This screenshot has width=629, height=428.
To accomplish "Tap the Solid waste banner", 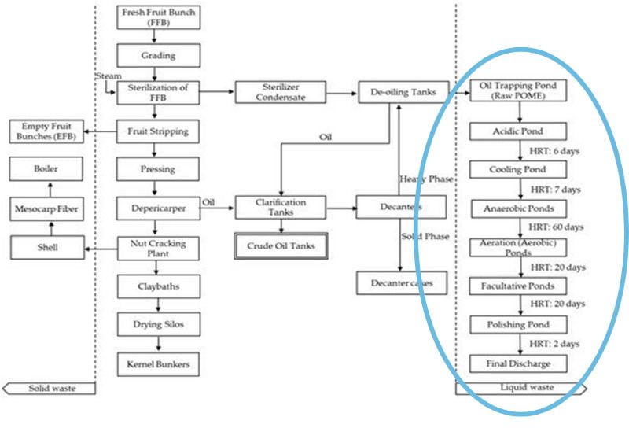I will (x=50, y=388).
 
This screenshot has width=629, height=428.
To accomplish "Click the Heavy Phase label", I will (x=427, y=179).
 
